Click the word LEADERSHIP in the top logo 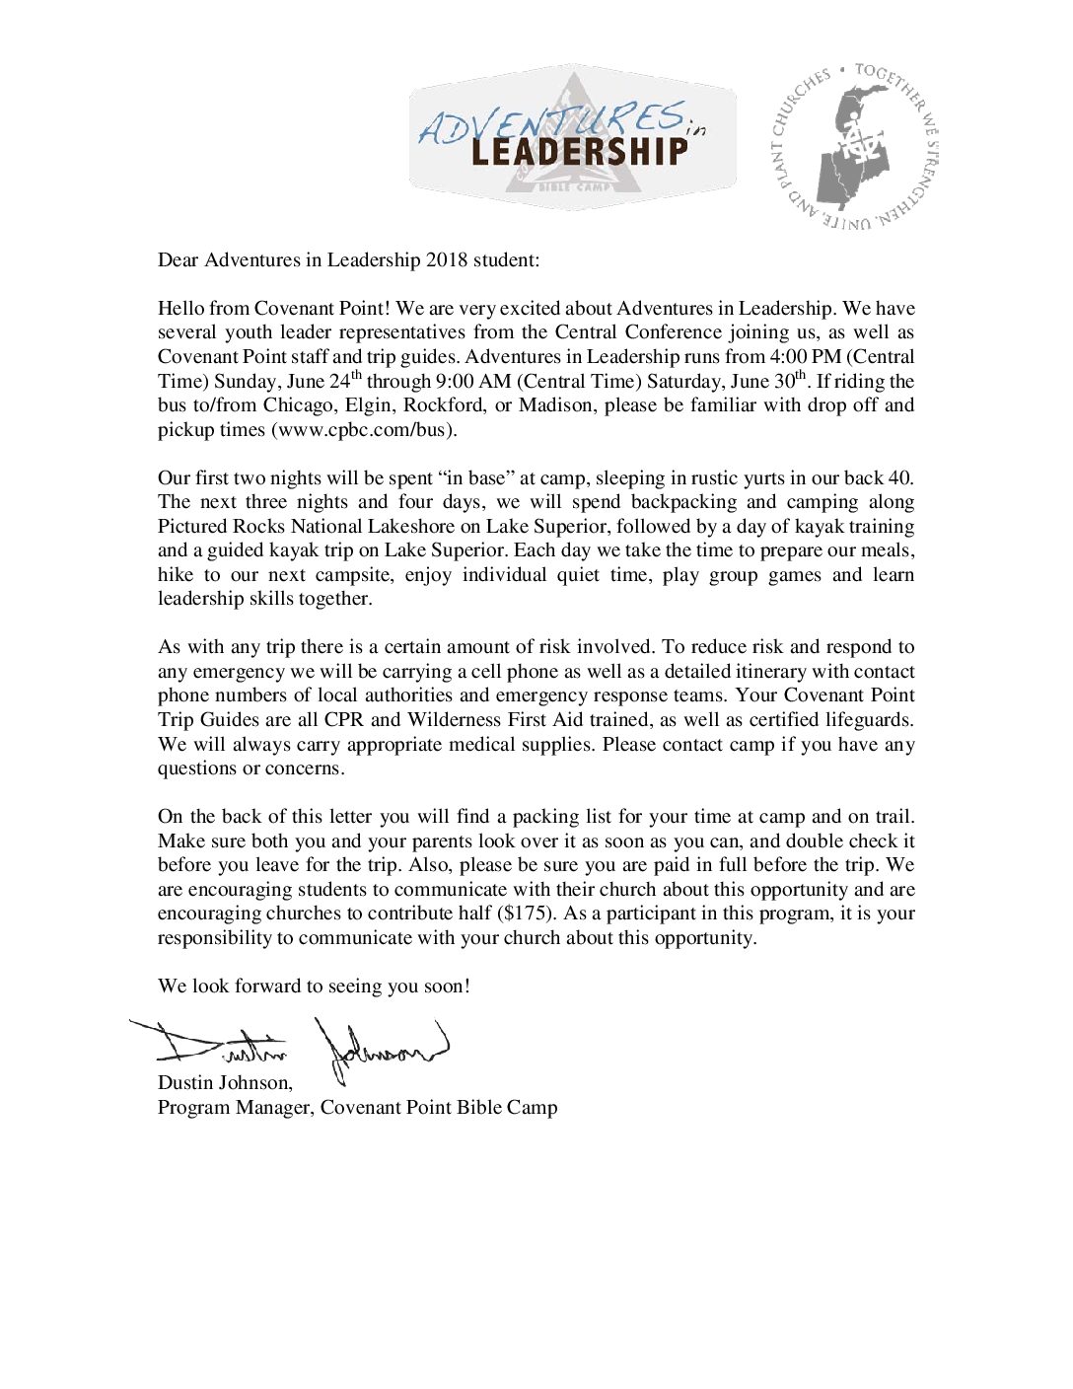(579, 152)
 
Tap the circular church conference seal (854, 146)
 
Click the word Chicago (298, 405)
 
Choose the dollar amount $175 (527, 914)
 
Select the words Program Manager (235, 1108)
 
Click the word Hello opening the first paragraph (180, 309)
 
